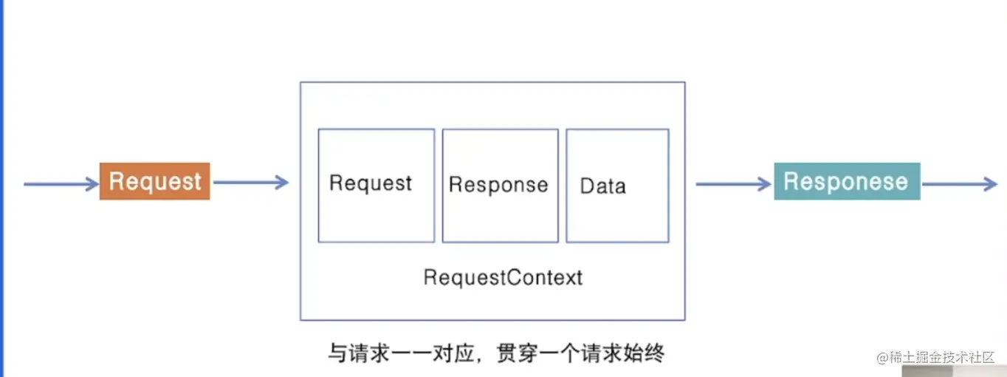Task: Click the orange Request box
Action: tap(155, 181)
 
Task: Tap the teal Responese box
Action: tap(846, 182)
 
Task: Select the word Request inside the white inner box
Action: tap(371, 183)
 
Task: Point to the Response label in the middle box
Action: tap(498, 185)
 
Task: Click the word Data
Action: tap(602, 186)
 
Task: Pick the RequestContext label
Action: tap(503, 277)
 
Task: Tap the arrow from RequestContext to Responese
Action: tap(733, 184)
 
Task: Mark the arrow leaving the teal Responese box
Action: tap(960, 184)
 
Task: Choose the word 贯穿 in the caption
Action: tap(515, 353)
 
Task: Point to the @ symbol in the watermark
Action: tap(883, 358)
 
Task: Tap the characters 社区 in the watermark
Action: tap(984, 358)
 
